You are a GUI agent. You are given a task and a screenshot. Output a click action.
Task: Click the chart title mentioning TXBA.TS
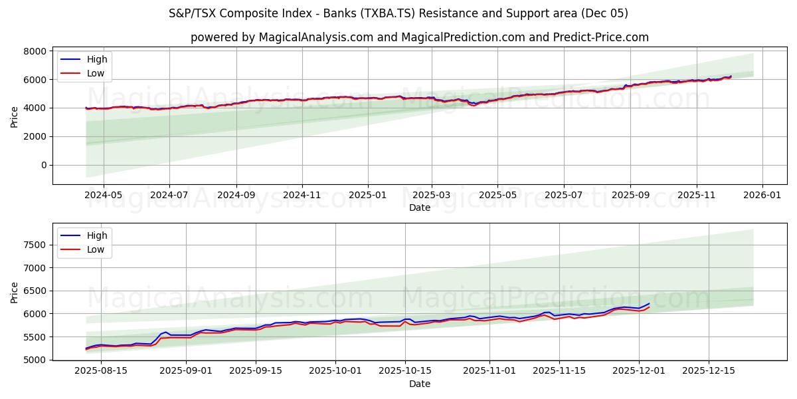[398, 13]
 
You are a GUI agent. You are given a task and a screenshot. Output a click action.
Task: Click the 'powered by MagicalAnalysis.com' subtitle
[420, 37]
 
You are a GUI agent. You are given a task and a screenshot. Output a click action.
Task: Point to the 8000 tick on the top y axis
[35, 51]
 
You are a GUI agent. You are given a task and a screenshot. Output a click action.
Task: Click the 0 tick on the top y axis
[44, 165]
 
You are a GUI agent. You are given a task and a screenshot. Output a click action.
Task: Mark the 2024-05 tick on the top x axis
[103, 196]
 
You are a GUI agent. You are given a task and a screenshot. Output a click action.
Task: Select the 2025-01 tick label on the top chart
[367, 196]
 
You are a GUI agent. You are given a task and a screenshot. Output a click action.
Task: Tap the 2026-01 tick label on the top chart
[762, 196]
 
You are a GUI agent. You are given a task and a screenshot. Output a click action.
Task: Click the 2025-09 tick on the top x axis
[630, 196]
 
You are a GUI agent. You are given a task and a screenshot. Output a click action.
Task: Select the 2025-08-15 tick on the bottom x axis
[101, 371]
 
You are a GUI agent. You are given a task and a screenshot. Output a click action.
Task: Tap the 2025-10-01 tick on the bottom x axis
[336, 371]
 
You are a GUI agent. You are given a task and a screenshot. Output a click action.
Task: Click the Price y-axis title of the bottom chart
[15, 292]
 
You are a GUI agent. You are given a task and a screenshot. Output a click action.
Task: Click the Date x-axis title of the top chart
[420, 207]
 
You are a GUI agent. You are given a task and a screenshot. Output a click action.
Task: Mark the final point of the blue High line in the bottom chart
[649, 303]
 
